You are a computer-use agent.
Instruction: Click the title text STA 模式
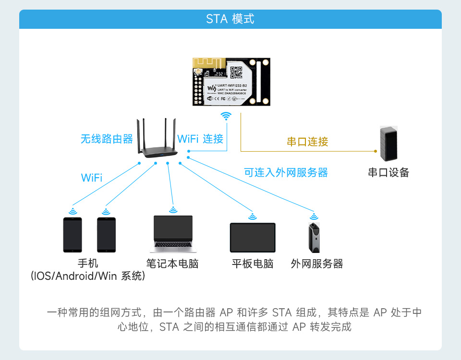click(230, 19)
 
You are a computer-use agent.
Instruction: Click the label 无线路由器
click(107, 139)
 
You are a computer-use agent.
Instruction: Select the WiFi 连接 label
click(200, 139)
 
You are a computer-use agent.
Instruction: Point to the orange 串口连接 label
click(307, 142)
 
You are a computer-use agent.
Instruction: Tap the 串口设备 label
click(388, 173)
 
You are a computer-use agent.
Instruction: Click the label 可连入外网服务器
click(286, 173)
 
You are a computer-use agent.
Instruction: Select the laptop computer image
click(173, 234)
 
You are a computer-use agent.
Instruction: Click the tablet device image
click(253, 238)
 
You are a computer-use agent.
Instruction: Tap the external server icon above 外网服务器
click(314, 238)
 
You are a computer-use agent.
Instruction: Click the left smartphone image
click(73, 235)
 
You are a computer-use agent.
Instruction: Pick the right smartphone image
click(106, 235)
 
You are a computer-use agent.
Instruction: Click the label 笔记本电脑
click(172, 264)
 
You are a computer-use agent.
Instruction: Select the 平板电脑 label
click(253, 264)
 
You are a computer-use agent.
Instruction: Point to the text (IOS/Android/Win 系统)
click(87, 276)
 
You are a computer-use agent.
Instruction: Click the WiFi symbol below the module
click(226, 116)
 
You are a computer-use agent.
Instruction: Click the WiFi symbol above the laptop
click(173, 210)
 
